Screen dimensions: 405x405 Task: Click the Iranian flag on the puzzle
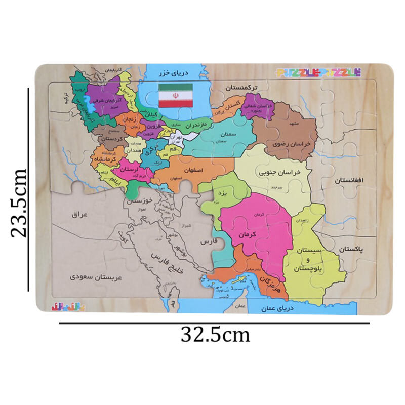(176, 96)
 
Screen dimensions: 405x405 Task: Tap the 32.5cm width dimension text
(215, 334)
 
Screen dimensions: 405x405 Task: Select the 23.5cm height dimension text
(19, 202)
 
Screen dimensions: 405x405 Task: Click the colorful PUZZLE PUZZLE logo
(318, 72)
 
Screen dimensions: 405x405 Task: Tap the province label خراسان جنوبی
(280, 172)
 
